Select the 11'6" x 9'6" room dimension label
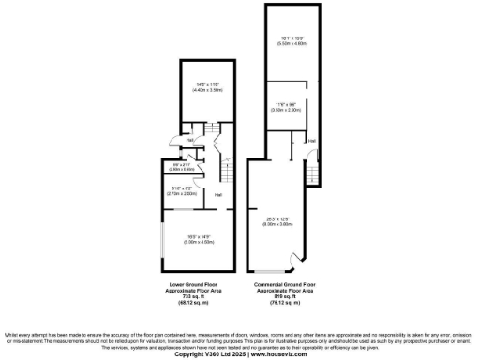coord(287,107)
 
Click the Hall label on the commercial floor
coord(311,141)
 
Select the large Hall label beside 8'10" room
coord(217,194)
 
